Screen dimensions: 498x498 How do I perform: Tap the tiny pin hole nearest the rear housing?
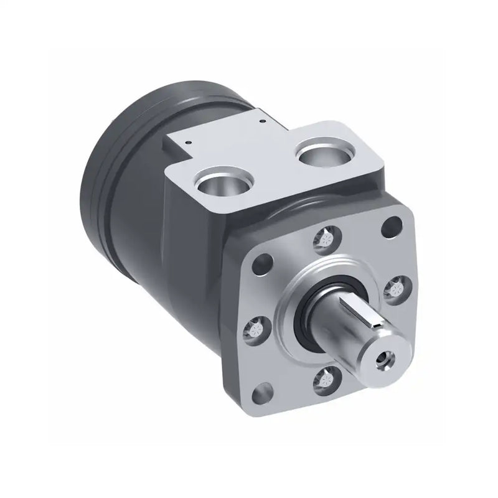263,120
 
